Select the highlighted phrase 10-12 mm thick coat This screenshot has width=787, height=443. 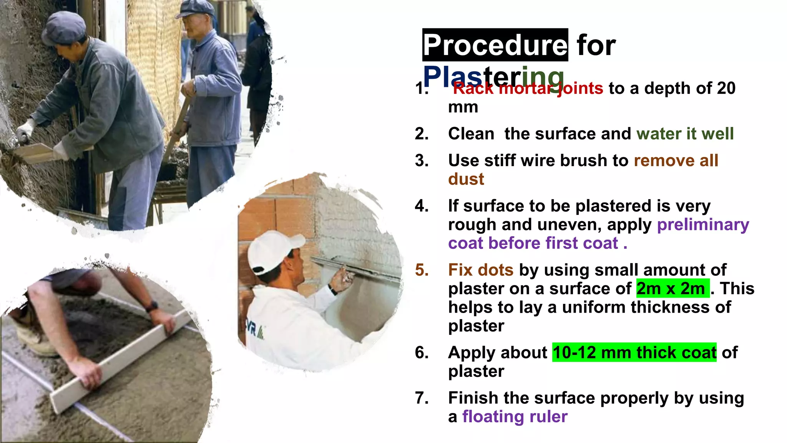coord(634,352)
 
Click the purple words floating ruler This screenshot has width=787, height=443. coord(515,416)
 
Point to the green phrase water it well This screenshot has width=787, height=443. coord(685,134)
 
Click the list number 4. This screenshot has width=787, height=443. coord(422,206)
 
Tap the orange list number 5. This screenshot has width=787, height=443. coord(422,270)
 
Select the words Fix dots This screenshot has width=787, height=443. coord(480,270)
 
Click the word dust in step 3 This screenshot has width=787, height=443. coord(466,179)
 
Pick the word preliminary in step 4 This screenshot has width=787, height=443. coord(703,225)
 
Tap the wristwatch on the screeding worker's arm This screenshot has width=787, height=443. coord(152,306)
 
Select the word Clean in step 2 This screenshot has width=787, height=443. coord(471,134)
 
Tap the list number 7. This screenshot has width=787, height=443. coord(422,398)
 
